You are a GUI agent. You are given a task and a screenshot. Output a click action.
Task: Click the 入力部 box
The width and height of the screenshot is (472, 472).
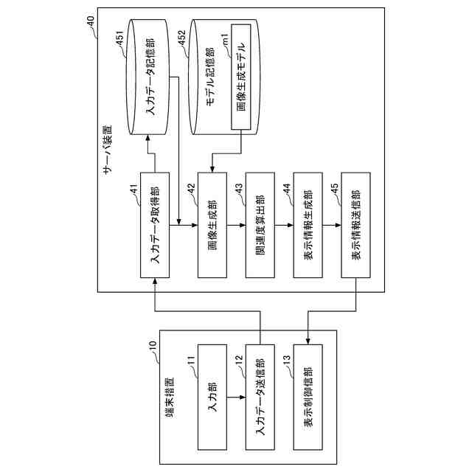point(212,398)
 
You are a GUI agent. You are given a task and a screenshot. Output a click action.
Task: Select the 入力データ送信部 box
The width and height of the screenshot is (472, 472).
point(260,398)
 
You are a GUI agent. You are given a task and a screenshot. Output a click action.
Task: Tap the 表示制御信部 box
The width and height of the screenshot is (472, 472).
point(308,398)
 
